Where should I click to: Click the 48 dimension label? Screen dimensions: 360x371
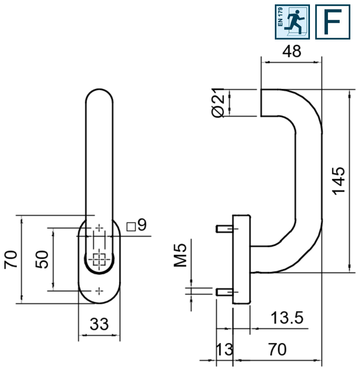pos(292,51)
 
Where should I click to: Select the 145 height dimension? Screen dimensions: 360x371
pos(339,181)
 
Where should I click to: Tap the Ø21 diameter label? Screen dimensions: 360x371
pos(218,103)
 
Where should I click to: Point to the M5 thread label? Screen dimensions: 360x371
pos(180,255)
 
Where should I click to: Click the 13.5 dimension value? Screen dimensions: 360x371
pos(287,318)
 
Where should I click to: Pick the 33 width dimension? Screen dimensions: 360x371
pos(99,324)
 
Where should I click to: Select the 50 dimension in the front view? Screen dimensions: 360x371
pos(42,259)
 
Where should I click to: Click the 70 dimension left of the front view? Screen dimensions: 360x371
pos(11,259)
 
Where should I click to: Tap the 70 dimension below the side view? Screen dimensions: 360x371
pos(277,349)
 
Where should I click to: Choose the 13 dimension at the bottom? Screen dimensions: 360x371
pos(224,349)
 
